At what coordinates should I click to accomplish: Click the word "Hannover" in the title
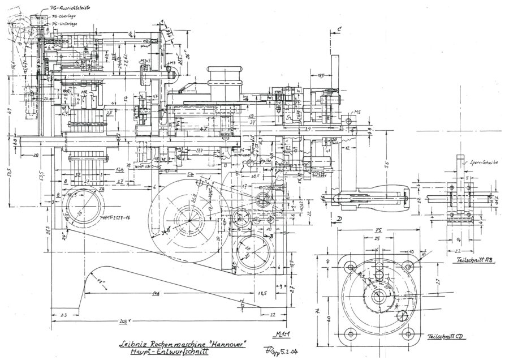(x=227, y=343)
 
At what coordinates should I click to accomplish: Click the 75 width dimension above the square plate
(x=379, y=232)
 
